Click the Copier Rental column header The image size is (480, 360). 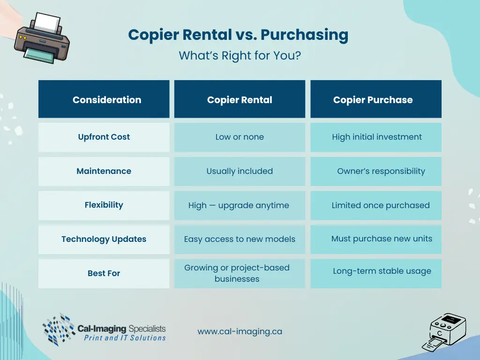240,99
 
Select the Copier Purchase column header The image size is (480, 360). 376,99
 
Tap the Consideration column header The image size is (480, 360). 104,99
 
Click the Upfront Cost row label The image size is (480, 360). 104,137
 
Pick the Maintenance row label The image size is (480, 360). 104,171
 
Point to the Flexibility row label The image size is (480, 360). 104,205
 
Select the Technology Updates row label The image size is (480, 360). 104,240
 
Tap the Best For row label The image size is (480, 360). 104,273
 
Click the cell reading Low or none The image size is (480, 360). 240,137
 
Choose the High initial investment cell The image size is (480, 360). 376,137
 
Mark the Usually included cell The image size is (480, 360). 240,171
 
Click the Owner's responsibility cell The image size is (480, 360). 376,171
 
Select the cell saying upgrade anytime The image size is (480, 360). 240,205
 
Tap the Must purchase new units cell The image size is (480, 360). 376,240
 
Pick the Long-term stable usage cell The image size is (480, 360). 376,273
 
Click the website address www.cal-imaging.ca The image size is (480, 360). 240,331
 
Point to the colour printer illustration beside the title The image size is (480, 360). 42,38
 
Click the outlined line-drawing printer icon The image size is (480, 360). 444,332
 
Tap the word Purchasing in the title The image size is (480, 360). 304,35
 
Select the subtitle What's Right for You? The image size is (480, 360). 240,56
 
